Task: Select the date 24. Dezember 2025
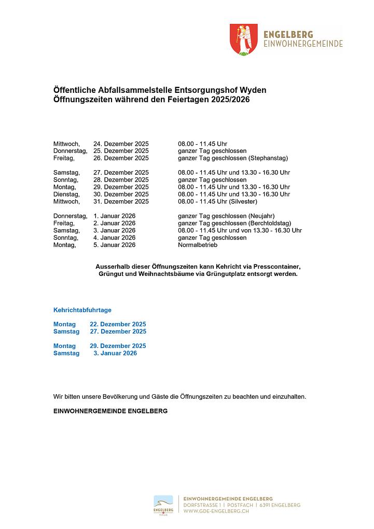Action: (121, 144)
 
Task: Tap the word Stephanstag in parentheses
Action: (268, 158)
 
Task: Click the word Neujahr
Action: (262, 216)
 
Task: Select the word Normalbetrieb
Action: (198, 245)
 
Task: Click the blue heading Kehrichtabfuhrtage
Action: (82, 310)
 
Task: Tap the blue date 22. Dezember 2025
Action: (118, 324)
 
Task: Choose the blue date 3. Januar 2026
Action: (115, 353)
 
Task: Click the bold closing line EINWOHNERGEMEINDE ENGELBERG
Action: (110, 411)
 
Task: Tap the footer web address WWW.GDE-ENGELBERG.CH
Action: (216, 511)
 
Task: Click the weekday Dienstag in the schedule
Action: (66, 194)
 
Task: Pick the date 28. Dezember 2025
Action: (121, 179)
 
